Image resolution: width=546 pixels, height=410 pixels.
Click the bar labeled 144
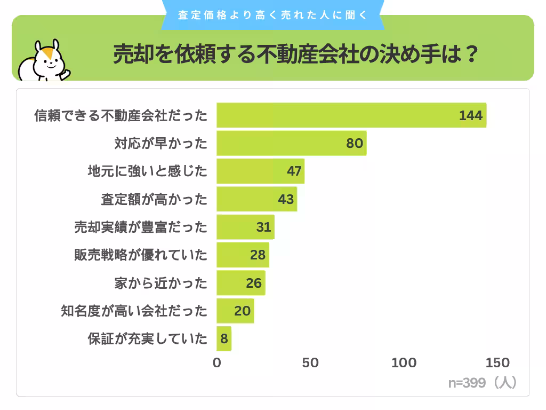(351, 115)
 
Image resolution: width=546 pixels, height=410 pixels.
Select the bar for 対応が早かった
(291, 143)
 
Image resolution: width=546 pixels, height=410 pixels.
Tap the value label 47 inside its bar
(294, 171)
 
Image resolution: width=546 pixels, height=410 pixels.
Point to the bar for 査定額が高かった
(256, 199)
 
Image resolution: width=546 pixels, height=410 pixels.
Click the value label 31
(263, 227)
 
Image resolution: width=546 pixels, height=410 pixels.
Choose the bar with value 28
(243, 255)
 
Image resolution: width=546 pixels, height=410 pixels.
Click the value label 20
(242, 311)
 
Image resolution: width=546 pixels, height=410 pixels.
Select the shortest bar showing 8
(224, 338)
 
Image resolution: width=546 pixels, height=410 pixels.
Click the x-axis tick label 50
(310, 363)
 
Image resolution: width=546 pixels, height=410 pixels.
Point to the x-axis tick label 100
(404, 363)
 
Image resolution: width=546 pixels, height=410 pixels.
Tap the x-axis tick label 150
(497, 363)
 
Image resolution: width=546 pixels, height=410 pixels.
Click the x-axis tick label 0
(216, 363)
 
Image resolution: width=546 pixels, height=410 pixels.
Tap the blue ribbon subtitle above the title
(272, 15)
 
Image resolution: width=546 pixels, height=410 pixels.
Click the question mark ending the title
(470, 54)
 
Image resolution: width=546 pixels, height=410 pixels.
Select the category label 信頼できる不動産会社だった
(121, 115)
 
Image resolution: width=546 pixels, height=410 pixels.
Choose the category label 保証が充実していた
(147, 338)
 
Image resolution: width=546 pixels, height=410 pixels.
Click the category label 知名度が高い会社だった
(134, 311)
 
